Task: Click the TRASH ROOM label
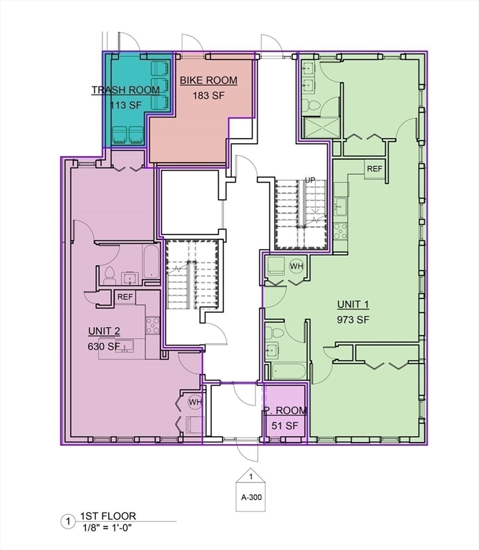pos(125,90)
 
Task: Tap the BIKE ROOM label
pos(208,80)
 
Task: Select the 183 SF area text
pos(208,95)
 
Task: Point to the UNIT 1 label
pos(353,304)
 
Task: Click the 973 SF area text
pos(353,319)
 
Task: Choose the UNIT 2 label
pos(104,331)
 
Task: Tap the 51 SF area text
pos(285,426)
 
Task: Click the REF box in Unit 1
pos(374,169)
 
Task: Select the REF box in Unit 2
pos(125,297)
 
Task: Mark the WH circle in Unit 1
pos(296,266)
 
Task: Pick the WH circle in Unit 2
pos(195,402)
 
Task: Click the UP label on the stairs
pos(310,180)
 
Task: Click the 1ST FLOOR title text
pos(108,516)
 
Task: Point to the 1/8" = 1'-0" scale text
pos(107,528)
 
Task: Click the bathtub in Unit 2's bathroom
pos(151,261)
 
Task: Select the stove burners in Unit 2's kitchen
pos(153,325)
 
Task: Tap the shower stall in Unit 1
pos(322,128)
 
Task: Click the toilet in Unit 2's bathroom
pos(110,275)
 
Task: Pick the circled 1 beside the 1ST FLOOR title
pos(68,521)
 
